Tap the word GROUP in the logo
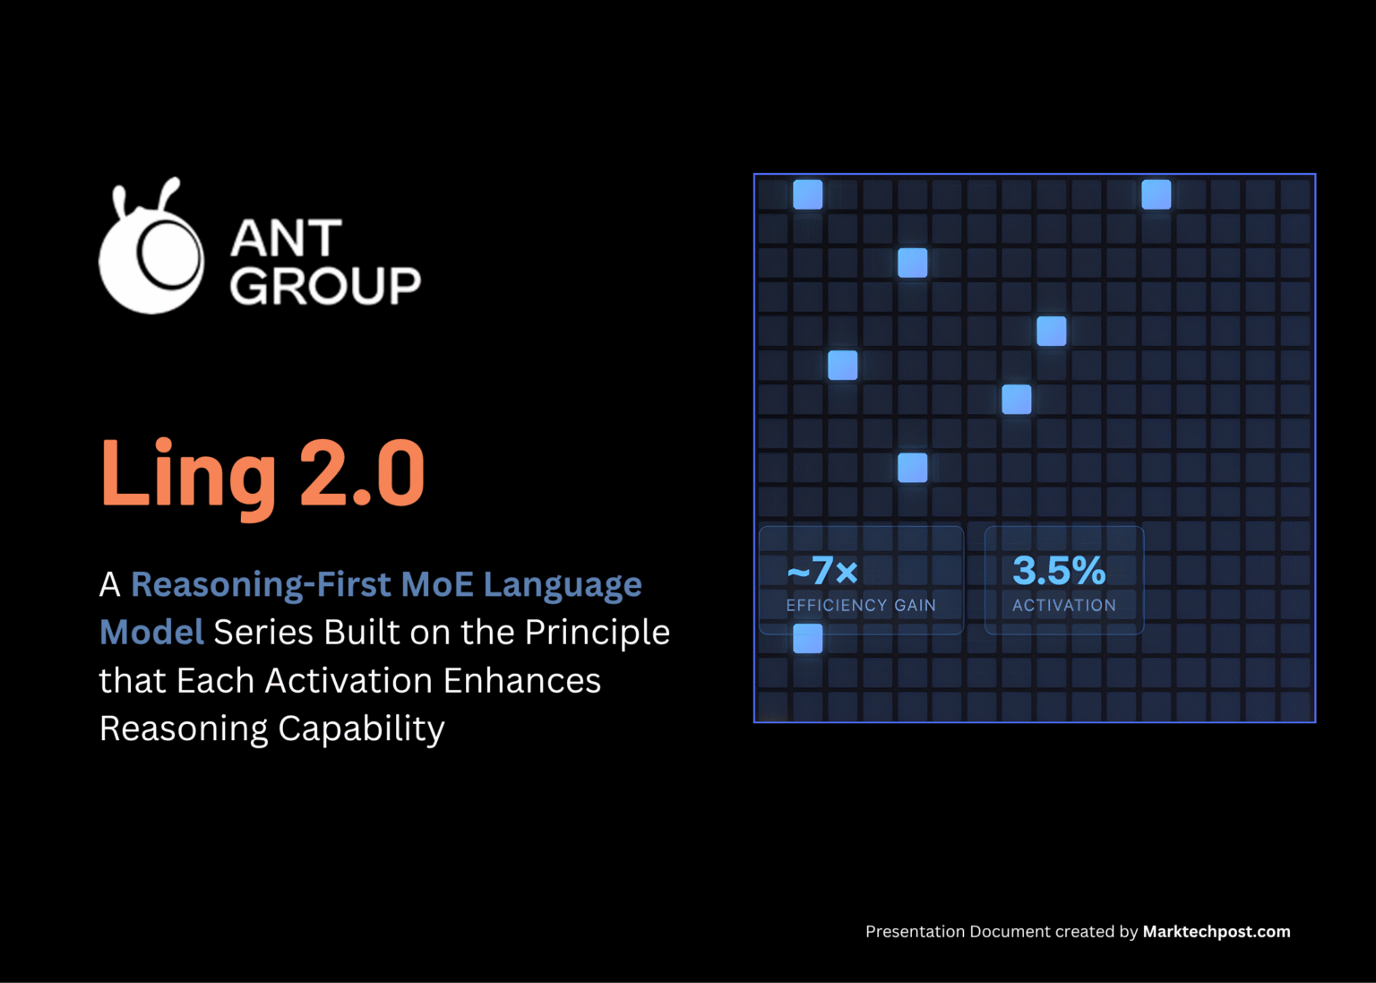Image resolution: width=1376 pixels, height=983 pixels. tap(324, 287)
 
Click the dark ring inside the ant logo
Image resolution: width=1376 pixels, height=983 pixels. tap(168, 252)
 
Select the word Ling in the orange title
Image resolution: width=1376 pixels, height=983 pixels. tap(188, 475)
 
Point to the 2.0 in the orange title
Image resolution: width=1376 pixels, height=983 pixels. tap(362, 473)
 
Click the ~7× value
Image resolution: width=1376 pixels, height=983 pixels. tap(822, 571)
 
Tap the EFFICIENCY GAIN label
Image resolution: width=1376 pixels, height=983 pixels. tap(860, 606)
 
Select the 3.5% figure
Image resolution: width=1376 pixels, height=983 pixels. tap(1059, 571)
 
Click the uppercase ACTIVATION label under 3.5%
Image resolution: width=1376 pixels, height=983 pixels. tap(1064, 606)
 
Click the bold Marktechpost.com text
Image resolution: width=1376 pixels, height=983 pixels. tap(1216, 932)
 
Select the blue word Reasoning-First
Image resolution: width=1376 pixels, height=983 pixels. tap(261, 585)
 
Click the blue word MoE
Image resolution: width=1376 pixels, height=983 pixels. tap(437, 585)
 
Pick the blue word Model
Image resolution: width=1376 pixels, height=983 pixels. tap(151, 633)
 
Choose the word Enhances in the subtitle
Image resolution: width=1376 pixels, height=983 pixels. tap(521, 681)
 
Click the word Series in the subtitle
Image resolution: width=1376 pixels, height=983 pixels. tap(263, 633)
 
